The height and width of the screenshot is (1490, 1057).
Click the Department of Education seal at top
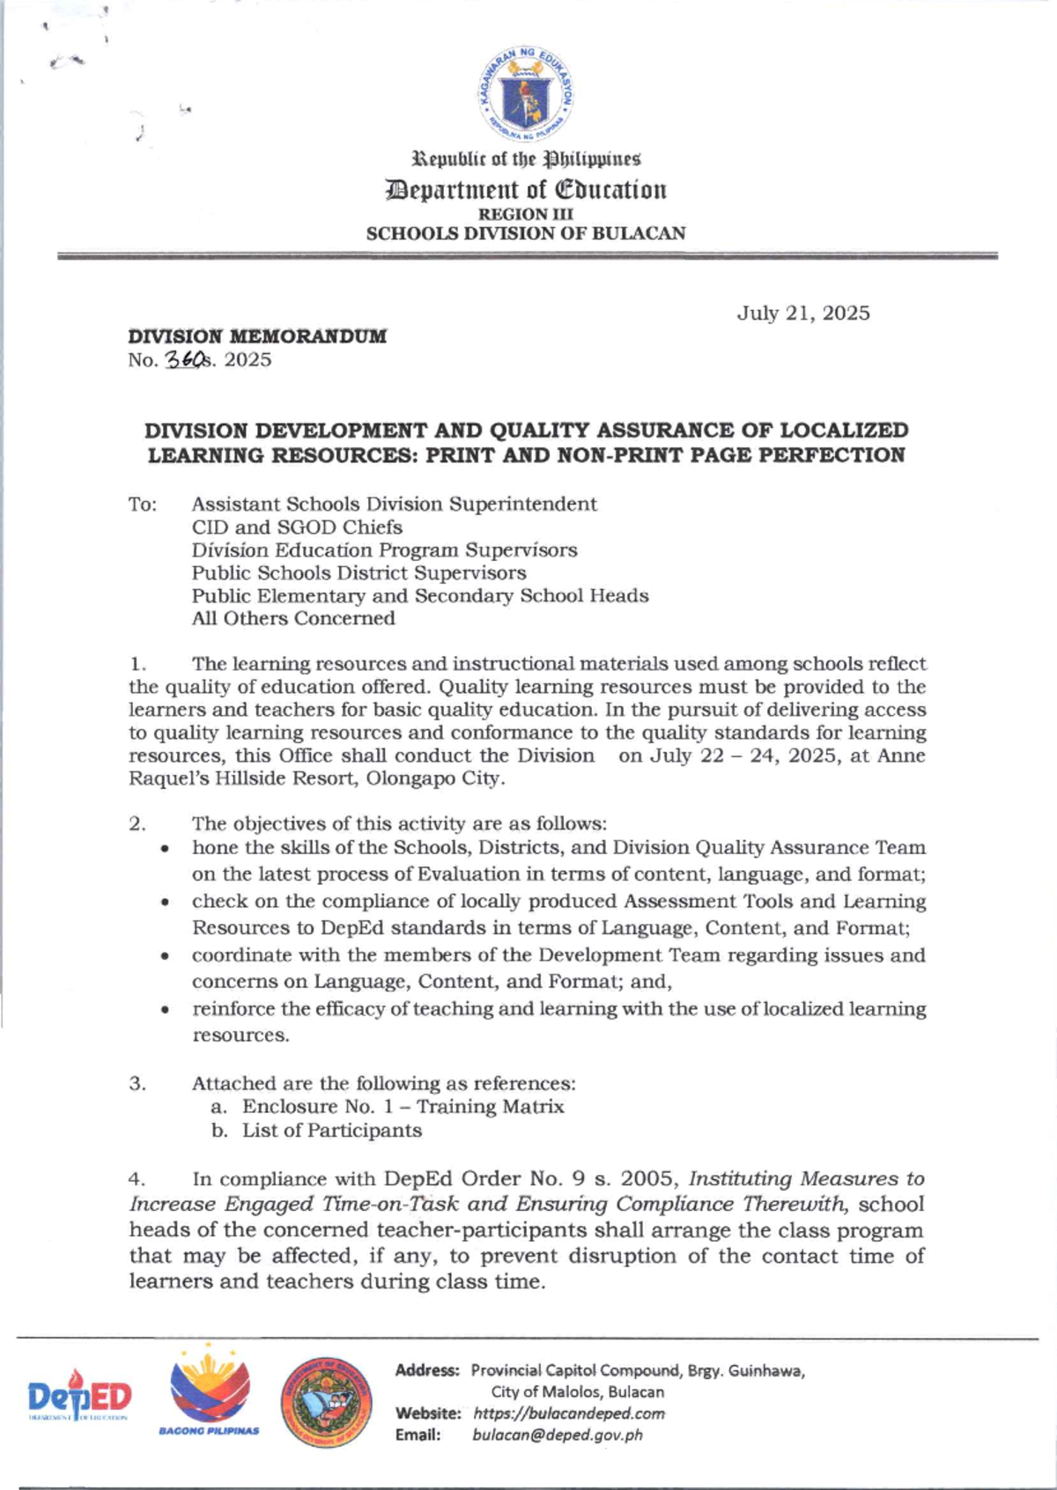pos(528,95)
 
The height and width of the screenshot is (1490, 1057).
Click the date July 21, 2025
pos(802,313)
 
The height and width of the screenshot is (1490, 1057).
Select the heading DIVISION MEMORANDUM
pos(257,336)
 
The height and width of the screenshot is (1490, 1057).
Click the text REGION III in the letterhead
pos(526,214)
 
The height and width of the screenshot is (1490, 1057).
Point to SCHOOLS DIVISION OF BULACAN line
pos(526,234)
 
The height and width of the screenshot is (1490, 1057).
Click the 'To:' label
pos(143,505)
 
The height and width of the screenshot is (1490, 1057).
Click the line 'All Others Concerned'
pos(293,618)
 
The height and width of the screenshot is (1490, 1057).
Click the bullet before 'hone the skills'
pos(165,849)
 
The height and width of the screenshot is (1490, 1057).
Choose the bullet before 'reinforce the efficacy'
pos(165,1010)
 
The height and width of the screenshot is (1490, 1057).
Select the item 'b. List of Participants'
pos(316,1131)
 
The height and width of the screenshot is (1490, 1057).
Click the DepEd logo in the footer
pos(79,1398)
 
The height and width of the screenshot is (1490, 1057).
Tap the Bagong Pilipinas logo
pos(210,1392)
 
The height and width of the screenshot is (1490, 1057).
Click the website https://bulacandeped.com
pos(568,1413)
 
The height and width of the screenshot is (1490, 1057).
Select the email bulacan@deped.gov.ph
pos(557,1435)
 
